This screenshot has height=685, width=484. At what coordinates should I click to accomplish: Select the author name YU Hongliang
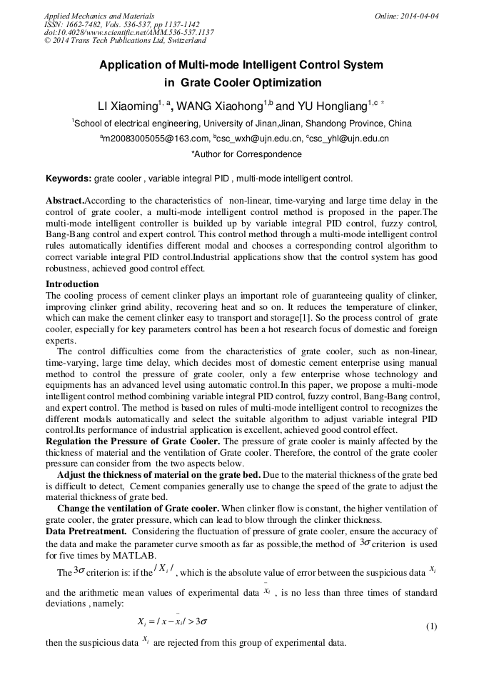(334, 106)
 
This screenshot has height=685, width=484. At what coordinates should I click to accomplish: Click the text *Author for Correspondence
(246, 154)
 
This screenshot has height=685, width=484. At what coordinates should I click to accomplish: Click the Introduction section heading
(72, 284)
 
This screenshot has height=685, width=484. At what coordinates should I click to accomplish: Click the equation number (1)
(431, 626)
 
